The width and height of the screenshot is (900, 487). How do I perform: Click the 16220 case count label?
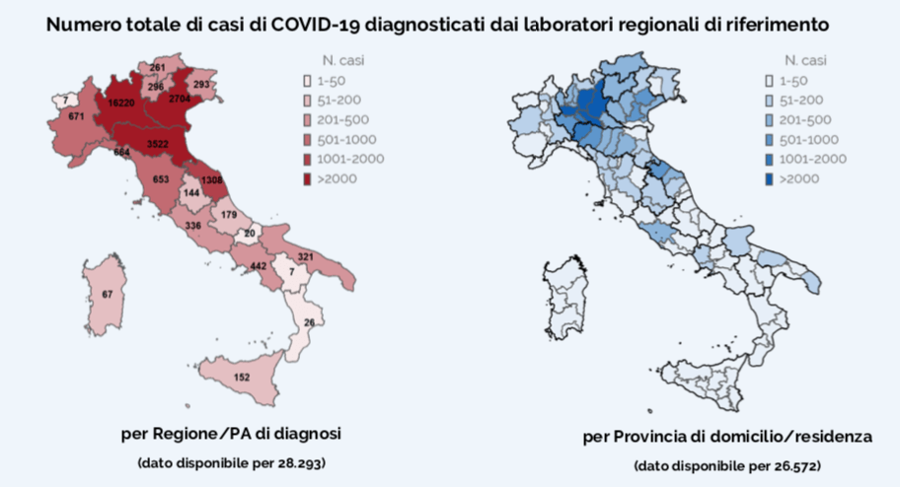(x=121, y=104)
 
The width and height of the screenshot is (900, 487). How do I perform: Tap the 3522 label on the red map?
(x=157, y=144)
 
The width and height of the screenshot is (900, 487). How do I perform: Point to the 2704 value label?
(x=180, y=99)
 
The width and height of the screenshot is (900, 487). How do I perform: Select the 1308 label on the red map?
(x=212, y=180)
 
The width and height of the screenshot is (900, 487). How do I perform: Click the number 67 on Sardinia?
(x=108, y=295)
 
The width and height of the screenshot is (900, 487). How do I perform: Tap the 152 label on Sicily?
(x=242, y=378)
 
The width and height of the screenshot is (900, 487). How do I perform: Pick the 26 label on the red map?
(x=310, y=323)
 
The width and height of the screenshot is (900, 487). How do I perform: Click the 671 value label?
(x=76, y=116)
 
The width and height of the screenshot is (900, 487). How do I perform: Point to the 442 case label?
(x=259, y=266)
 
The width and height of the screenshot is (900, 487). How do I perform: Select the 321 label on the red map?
(x=305, y=257)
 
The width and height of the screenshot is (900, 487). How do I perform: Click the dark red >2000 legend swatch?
(x=307, y=179)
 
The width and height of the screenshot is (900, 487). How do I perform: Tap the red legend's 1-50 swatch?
(x=307, y=82)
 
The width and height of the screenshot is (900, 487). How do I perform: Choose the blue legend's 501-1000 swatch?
(x=769, y=140)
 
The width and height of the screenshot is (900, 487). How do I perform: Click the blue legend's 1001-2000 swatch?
(x=769, y=160)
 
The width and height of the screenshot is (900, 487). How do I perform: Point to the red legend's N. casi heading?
(x=343, y=60)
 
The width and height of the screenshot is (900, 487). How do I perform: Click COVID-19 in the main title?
(x=316, y=25)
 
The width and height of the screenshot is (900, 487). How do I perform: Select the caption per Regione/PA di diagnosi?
(x=231, y=433)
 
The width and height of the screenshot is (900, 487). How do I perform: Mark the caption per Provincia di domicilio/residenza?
(x=727, y=437)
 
